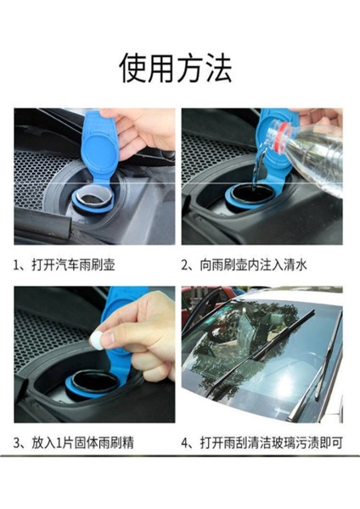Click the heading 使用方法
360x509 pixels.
[176, 68]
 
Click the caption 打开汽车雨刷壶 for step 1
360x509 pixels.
[73, 265]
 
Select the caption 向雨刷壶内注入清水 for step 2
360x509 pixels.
[253, 265]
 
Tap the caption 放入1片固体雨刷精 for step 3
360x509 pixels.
[82, 443]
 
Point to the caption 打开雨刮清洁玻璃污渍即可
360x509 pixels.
[272, 443]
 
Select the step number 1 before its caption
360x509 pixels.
[17, 266]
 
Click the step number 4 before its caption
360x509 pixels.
[185, 443]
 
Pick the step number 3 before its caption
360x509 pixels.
[17, 443]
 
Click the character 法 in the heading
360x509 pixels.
[219, 68]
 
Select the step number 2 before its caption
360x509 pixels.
[185, 266]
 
